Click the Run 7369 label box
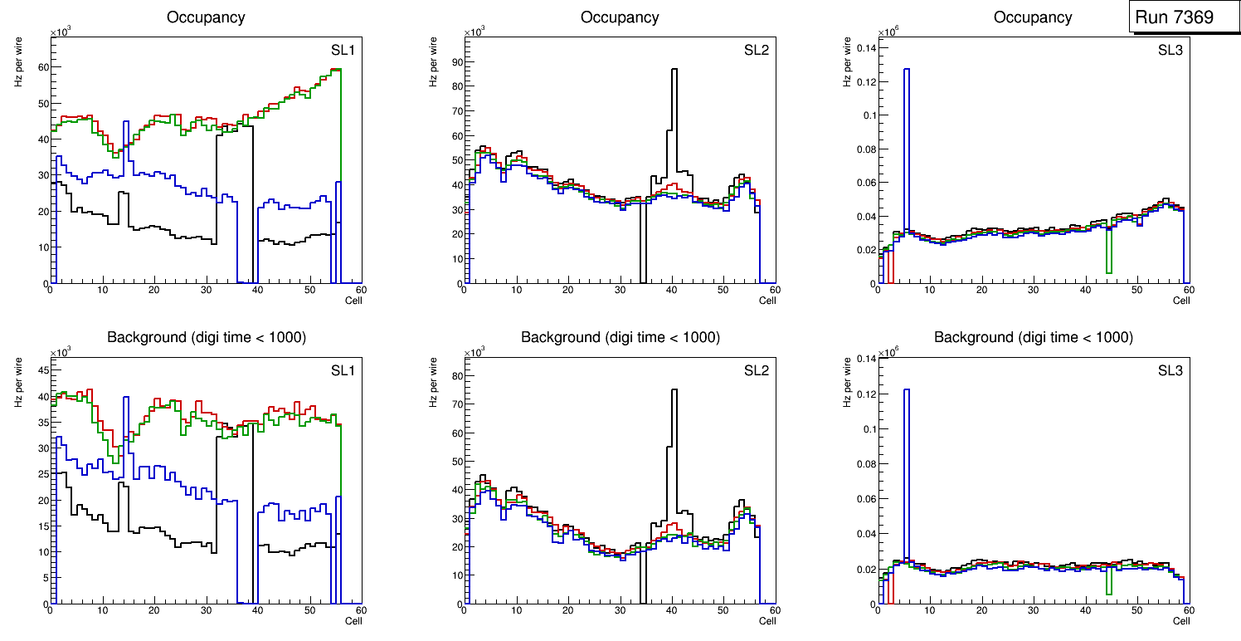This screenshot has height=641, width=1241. tap(1179, 17)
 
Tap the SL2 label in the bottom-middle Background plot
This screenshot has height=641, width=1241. tap(756, 370)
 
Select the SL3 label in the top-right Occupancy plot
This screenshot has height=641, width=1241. tap(1170, 51)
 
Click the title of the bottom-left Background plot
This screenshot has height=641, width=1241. tap(206, 337)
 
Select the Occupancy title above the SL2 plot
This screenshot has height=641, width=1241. tap(620, 17)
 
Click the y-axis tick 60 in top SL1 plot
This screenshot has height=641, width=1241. tap(41, 66)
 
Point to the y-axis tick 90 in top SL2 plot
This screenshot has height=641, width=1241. tap(455, 61)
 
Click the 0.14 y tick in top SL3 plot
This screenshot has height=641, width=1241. tap(864, 47)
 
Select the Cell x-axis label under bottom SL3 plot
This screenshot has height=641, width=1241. tap(1181, 621)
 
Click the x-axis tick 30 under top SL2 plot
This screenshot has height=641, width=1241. tap(620, 290)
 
